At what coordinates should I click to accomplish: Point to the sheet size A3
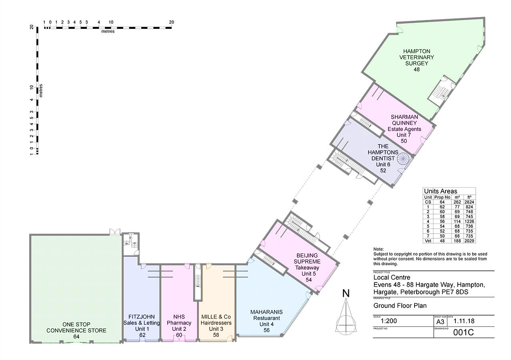[440, 321]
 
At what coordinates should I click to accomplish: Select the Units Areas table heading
[440, 191]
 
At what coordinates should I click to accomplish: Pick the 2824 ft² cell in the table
[469, 202]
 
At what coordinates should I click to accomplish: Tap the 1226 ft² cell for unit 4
[469, 222]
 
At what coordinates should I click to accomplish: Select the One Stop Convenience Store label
[76, 330]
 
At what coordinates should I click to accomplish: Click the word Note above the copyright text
[378, 249]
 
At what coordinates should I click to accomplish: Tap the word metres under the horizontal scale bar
[108, 32]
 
